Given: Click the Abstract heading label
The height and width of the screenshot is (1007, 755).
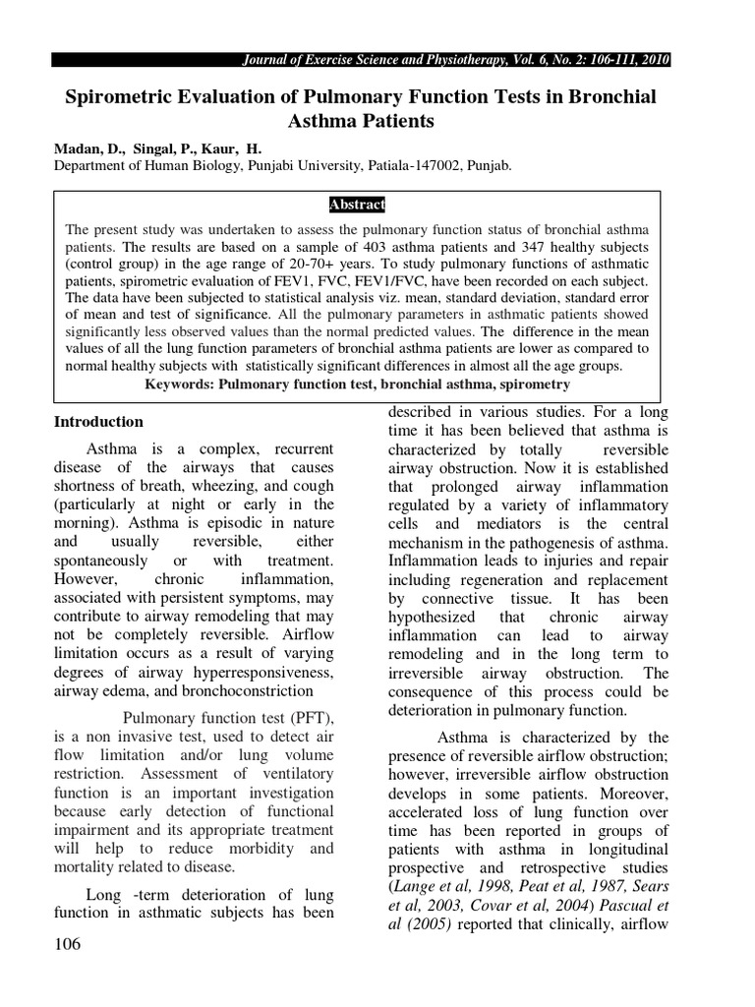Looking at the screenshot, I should pyautogui.click(x=356, y=205).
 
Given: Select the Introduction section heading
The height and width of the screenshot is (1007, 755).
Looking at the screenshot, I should pyautogui.click(x=97, y=422).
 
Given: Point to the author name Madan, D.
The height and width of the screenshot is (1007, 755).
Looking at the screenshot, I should pyautogui.click(x=87, y=148).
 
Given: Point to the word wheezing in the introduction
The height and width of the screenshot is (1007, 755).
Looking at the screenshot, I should pyautogui.click(x=233, y=485).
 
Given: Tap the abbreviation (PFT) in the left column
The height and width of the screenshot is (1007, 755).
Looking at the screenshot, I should pyautogui.click(x=309, y=717).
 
